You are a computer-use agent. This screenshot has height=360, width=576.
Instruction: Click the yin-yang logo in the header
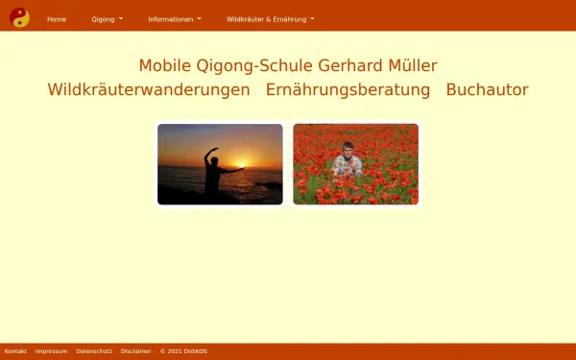pyautogui.click(x=19, y=17)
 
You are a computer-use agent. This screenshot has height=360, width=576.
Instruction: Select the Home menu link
pyautogui.click(x=57, y=19)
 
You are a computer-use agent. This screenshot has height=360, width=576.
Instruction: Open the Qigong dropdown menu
pyautogui.click(x=107, y=19)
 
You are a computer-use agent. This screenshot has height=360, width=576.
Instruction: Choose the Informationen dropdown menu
pyautogui.click(x=175, y=19)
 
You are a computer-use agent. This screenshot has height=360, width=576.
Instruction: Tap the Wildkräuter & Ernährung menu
pyautogui.click(x=270, y=19)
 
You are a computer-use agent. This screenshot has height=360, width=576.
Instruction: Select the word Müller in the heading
pyautogui.click(x=413, y=66)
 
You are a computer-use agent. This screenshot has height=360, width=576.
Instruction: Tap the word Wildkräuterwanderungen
pyautogui.click(x=149, y=90)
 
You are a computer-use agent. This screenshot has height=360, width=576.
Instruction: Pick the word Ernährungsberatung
pyautogui.click(x=348, y=90)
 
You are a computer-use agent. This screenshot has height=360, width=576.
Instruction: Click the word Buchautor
pyautogui.click(x=487, y=90)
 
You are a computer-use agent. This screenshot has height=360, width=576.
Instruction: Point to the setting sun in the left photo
pyautogui.click(x=242, y=164)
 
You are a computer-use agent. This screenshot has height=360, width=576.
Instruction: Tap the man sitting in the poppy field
pyautogui.click(x=347, y=159)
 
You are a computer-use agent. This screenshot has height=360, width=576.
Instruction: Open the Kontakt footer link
pyautogui.click(x=15, y=351)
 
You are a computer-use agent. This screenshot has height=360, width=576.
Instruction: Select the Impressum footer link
pyautogui.click(x=51, y=351)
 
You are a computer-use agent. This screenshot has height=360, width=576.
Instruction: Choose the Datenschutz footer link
pyautogui.click(x=94, y=351)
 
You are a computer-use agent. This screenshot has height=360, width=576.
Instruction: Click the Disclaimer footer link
pyautogui.click(x=135, y=351)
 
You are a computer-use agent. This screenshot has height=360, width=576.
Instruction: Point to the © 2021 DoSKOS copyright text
pyautogui.click(x=183, y=351)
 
